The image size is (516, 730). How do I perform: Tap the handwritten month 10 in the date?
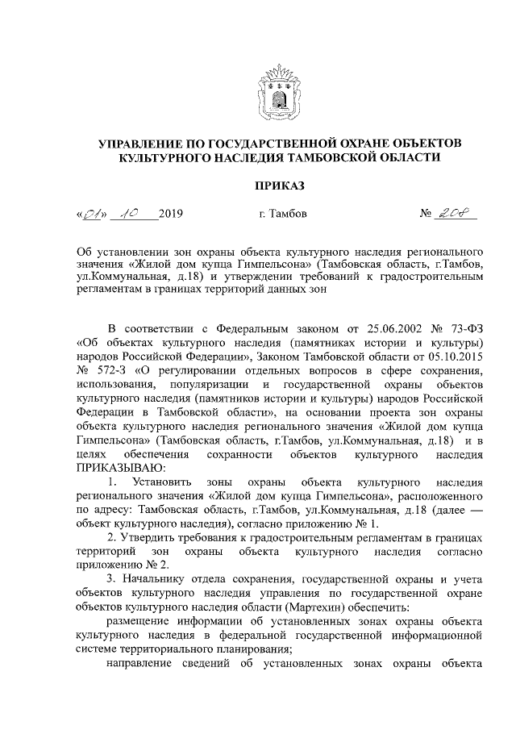[x=128, y=215]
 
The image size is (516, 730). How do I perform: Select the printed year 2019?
[x=172, y=215]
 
